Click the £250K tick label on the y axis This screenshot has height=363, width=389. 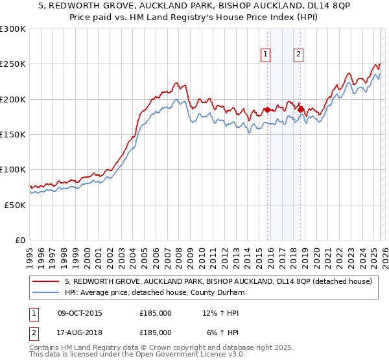13,64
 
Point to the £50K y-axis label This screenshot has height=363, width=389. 15,205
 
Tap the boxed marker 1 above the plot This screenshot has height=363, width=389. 266,55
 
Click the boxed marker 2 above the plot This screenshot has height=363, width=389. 299,55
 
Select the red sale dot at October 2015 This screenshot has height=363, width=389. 267,110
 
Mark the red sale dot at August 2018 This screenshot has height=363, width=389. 300,110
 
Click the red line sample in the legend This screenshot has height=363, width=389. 46,282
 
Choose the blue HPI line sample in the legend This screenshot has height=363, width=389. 46,293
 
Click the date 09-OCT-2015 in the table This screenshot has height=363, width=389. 80,314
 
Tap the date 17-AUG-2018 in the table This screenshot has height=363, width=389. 80,332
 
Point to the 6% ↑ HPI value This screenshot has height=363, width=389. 222,332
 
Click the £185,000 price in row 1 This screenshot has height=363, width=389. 156,314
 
